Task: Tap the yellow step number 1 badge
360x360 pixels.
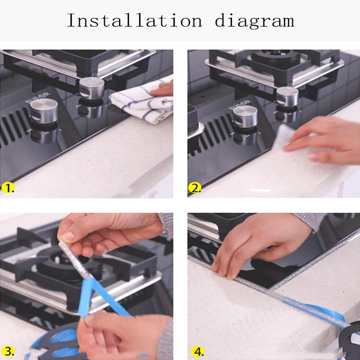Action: coord(8,188)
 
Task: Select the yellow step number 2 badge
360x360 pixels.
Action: coord(194,188)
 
